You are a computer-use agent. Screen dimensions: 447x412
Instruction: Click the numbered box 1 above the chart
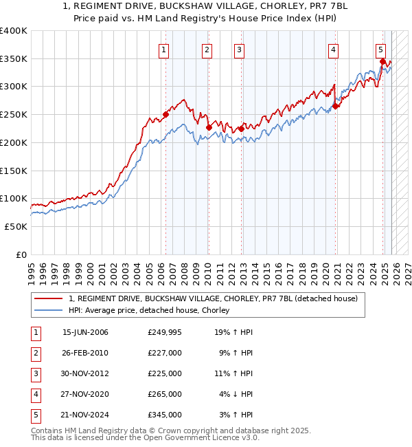point(165,49)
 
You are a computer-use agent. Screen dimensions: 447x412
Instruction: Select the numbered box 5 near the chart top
point(380,49)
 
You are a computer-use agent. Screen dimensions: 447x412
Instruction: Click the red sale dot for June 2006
point(165,115)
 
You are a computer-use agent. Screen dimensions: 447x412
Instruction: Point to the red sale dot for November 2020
point(336,106)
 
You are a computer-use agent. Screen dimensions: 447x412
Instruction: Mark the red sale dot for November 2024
point(382,61)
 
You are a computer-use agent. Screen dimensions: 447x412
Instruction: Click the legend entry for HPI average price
point(152,310)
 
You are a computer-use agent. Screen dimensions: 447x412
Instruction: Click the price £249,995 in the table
point(165,332)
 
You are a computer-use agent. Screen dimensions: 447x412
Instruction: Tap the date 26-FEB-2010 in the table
point(85,353)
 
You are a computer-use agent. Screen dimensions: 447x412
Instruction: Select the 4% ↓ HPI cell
point(236,394)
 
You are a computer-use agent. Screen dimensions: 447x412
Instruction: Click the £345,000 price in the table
point(165,415)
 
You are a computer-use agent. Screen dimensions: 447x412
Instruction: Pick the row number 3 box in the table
point(34,373)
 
